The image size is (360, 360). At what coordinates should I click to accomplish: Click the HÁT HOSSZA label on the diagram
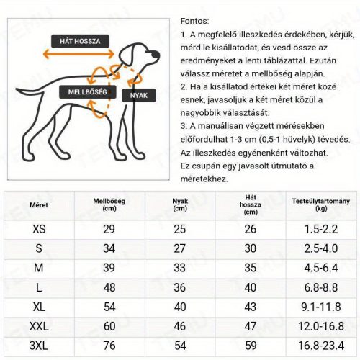click(x=79, y=40)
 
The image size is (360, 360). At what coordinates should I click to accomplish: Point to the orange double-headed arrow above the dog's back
click(x=78, y=54)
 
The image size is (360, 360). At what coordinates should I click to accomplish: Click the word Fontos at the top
click(x=194, y=22)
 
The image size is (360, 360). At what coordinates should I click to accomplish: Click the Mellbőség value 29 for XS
click(x=109, y=229)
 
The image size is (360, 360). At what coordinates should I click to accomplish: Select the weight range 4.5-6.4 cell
click(x=321, y=268)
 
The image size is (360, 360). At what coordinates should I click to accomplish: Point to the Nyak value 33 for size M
click(x=180, y=268)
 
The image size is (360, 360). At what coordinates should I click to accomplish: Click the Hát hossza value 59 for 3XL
click(x=251, y=346)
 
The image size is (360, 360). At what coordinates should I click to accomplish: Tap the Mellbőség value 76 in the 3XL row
click(x=109, y=346)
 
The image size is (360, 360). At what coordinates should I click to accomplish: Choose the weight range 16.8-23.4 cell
click(x=321, y=346)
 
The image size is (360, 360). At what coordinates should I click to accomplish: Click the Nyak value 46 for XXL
click(x=180, y=326)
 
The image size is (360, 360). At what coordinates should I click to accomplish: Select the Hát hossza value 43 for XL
click(x=251, y=307)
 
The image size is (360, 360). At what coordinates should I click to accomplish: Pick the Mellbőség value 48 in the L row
click(x=109, y=287)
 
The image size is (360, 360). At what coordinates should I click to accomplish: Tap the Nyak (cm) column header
click(x=180, y=204)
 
